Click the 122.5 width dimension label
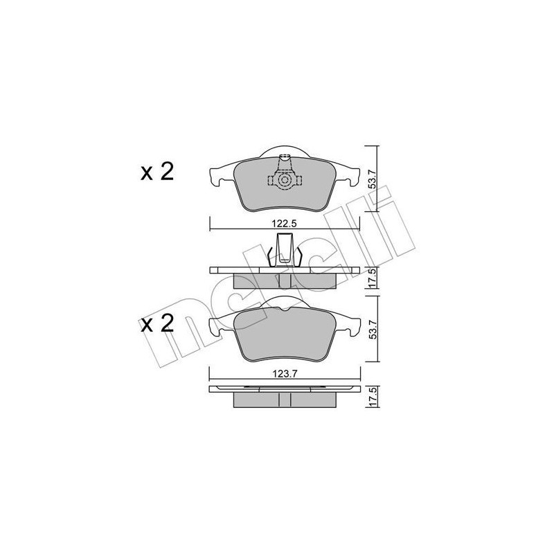(285, 224)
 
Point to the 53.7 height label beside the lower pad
(372, 330)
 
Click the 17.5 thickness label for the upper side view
(372, 278)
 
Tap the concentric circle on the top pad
(284, 181)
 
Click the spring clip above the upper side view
(284, 249)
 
